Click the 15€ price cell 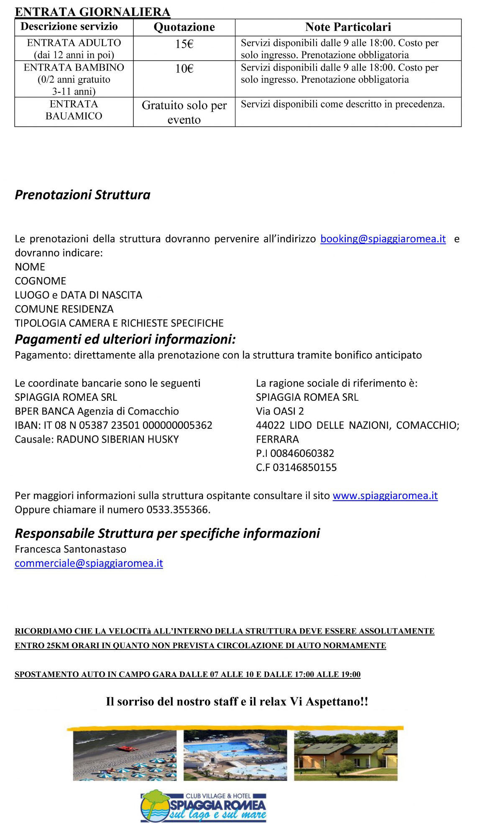184,44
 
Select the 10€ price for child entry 184,69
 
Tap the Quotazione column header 184,27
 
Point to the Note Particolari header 348,27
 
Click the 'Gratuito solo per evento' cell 184,112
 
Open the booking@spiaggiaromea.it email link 383,239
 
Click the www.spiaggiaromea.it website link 385,496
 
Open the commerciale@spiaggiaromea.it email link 89,563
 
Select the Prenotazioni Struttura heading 82,195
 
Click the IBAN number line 113,426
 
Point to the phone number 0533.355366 178,510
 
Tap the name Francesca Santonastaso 70,549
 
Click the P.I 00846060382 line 295,454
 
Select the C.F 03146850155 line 296,468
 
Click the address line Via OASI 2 280,411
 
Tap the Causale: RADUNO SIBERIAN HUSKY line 97,440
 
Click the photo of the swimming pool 235,755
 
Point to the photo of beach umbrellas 125,755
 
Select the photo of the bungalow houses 346,755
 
